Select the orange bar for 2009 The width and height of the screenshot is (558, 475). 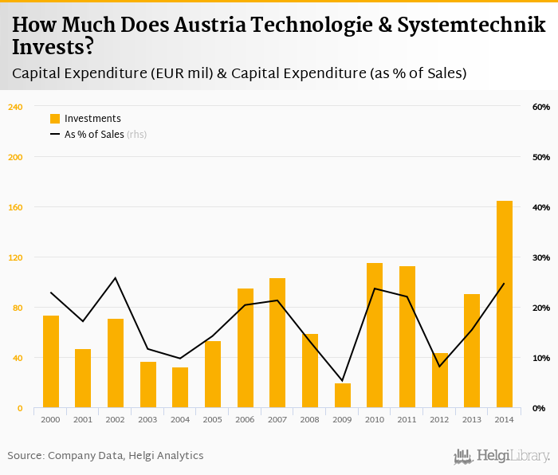342,396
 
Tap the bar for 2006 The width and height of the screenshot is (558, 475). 245,348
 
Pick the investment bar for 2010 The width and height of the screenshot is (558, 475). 375,336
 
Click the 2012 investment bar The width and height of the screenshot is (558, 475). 439,381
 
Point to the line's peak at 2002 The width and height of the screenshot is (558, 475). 115,278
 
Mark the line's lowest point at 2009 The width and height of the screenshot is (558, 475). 342,381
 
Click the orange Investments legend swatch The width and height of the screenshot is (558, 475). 55,119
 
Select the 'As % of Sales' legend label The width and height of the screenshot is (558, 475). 94,135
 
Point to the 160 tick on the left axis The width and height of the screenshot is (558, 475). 15,207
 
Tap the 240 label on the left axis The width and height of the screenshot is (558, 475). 15,107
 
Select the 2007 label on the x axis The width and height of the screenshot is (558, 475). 277,419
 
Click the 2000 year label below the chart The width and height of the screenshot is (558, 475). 50,419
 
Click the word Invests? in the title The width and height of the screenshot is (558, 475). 53,47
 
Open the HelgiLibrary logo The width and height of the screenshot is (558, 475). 501,456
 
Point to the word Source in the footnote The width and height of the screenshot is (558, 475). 25,456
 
